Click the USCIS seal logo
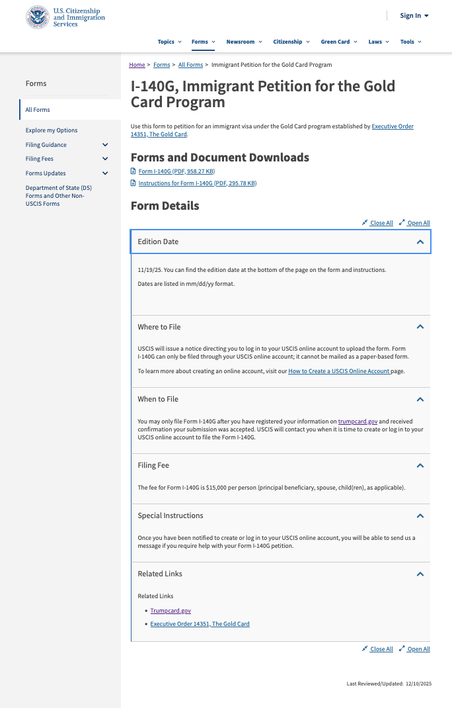coord(37,17)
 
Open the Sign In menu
coord(414,16)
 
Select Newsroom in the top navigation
coord(243,42)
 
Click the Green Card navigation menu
coord(338,42)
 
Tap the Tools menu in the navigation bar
coord(410,42)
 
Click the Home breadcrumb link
coord(137,65)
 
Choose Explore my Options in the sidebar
coord(52,130)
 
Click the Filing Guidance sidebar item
coord(46,145)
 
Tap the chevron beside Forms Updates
coord(105,173)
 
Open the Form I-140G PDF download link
coord(176,171)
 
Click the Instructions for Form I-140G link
coord(197,183)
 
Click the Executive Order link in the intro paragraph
coord(392,126)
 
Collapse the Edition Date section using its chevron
coord(420,242)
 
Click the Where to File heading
coord(159,327)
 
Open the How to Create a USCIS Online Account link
coord(338,371)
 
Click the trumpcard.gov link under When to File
coord(358,421)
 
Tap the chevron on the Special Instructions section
coord(420,516)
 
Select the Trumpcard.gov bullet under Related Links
coord(170,611)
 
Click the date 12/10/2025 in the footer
coord(418,684)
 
